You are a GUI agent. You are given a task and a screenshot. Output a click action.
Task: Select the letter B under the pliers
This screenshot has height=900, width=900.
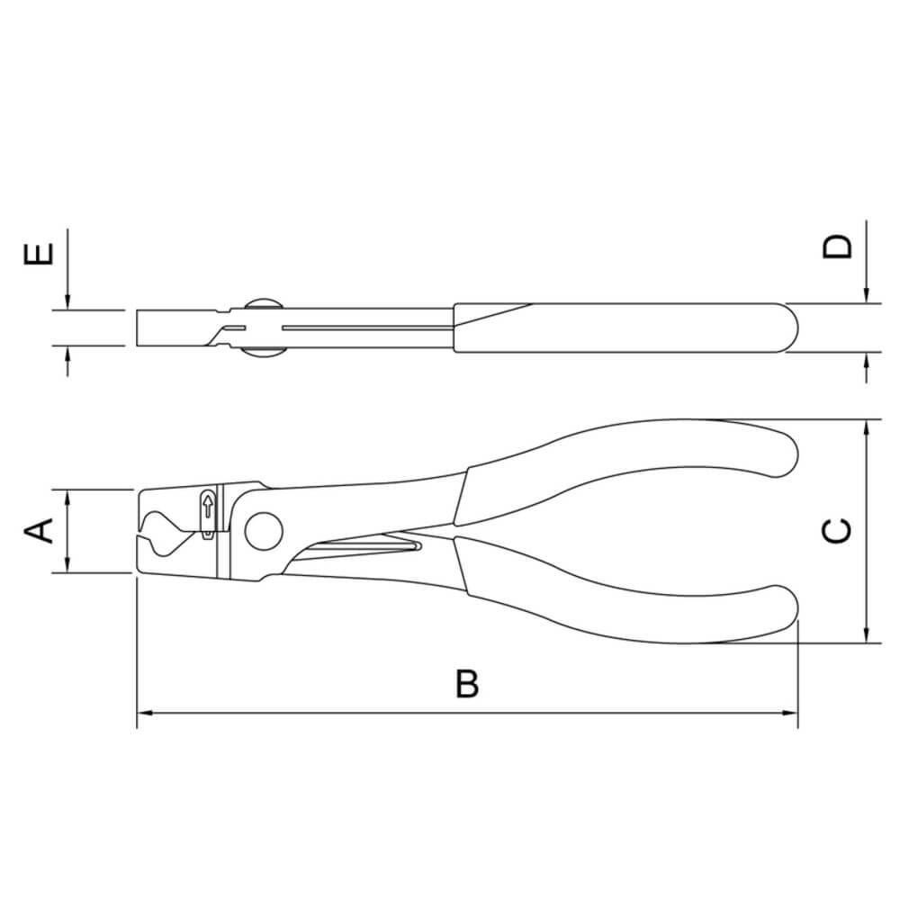click(x=466, y=685)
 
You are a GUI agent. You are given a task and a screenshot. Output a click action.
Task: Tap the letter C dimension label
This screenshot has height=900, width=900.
click(x=837, y=531)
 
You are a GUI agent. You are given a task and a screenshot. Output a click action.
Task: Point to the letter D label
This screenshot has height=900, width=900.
click(x=837, y=246)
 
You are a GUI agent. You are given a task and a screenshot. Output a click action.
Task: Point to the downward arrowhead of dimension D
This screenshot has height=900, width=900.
click(x=866, y=296)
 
